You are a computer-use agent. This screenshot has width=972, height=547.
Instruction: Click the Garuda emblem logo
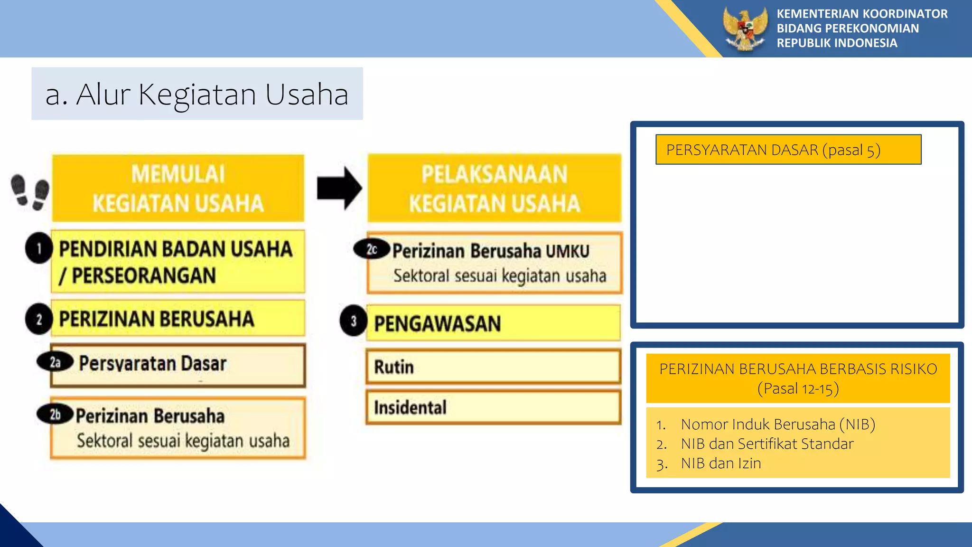point(745,28)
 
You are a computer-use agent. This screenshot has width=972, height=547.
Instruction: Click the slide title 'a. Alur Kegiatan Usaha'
point(197,94)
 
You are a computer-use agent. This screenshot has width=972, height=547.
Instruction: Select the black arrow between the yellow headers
point(339,189)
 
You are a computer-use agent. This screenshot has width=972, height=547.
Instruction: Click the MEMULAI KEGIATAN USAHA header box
point(178,189)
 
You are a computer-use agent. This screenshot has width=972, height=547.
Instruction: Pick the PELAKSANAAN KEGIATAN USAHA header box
point(494,189)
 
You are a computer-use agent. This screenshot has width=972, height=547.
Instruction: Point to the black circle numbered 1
point(39,248)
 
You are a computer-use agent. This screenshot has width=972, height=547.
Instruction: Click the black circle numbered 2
point(39,319)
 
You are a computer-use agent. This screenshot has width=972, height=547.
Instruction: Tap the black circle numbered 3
point(354,321)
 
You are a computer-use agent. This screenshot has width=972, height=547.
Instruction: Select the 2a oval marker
point(55,362)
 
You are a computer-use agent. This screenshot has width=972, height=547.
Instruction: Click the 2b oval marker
point(55,414)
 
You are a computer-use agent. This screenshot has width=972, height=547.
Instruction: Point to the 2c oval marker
point(372,249)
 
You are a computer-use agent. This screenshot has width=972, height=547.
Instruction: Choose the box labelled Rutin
point(493,367)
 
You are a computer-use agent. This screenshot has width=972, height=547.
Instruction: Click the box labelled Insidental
point(493,407)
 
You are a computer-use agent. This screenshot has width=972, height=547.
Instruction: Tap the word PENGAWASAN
point(437,324)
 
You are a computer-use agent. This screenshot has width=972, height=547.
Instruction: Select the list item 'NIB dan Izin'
point(720,463)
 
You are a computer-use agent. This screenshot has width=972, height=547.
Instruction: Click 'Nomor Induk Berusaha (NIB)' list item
point(777,424)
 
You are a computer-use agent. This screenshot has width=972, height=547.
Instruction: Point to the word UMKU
point(568,251)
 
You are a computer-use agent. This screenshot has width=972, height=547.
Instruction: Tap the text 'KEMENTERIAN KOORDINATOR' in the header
point(862,14)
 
